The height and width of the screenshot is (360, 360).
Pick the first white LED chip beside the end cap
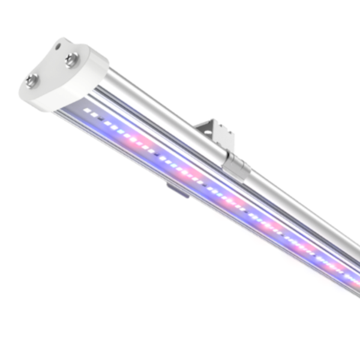89,112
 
